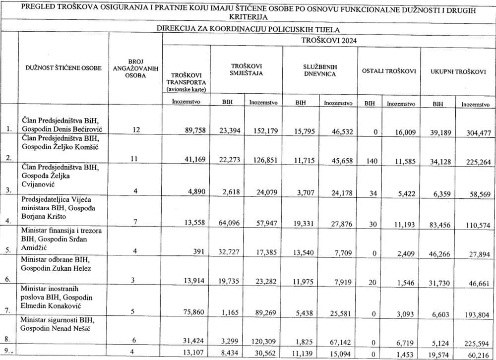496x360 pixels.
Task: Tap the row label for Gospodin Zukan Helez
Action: click(56, 268)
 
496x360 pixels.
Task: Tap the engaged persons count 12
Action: click(137, 130)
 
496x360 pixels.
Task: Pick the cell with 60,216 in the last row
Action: click(475, 354)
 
